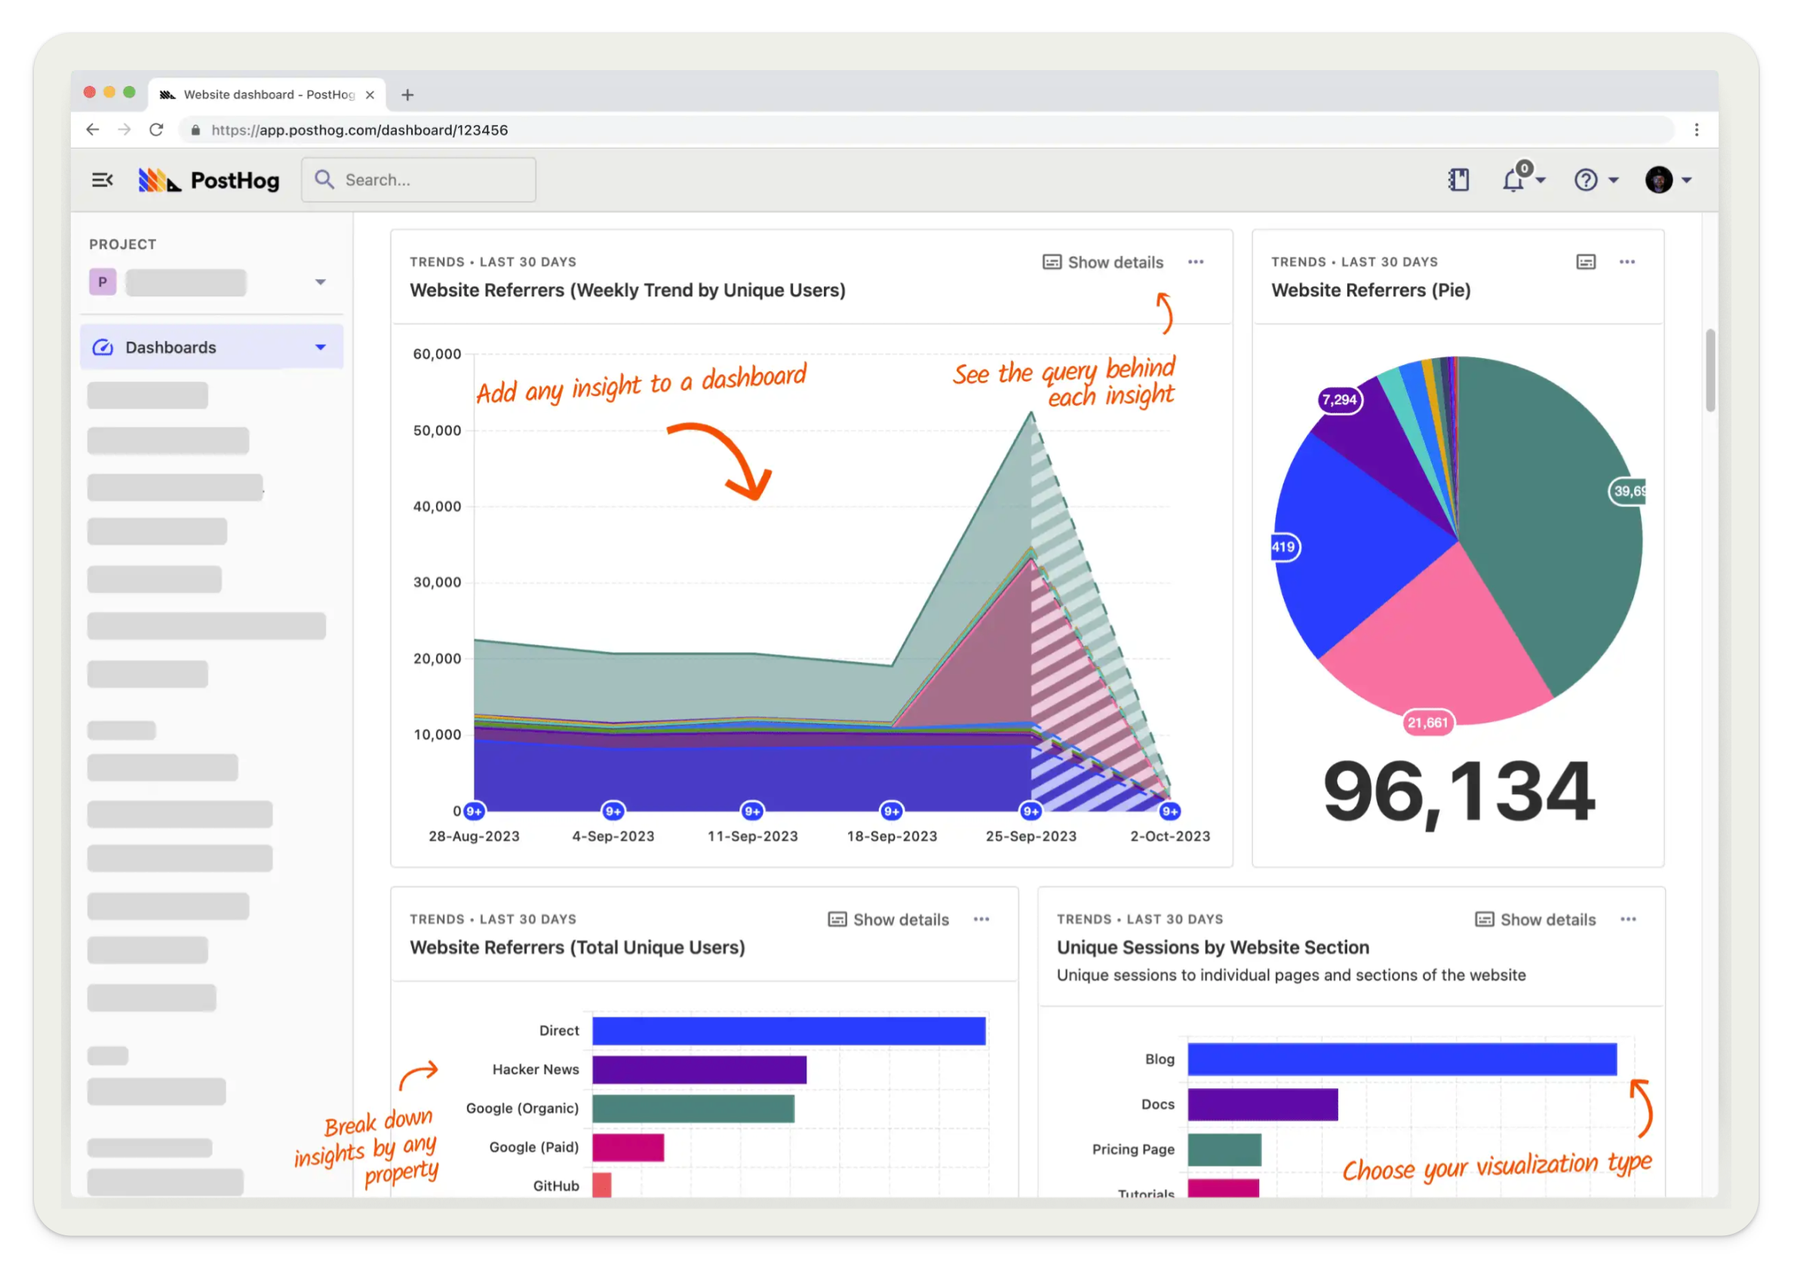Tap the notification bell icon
[1513, 181]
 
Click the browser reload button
[156, 130]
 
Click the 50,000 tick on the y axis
[437, 430]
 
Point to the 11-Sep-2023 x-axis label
[752, 836]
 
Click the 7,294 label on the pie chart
[1338, 400]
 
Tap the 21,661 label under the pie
[1427, 722]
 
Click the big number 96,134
[1458, 791]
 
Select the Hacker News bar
[699, 1069]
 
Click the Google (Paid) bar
[628, 1147]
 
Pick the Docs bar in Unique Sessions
[1262, 1104]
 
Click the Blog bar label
[1159, 1059]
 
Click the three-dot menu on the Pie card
[1627, 262]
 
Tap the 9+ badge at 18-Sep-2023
[891, 811]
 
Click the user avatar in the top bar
[1659, 179]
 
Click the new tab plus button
[407, 94]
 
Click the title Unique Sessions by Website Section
[1212, 947]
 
